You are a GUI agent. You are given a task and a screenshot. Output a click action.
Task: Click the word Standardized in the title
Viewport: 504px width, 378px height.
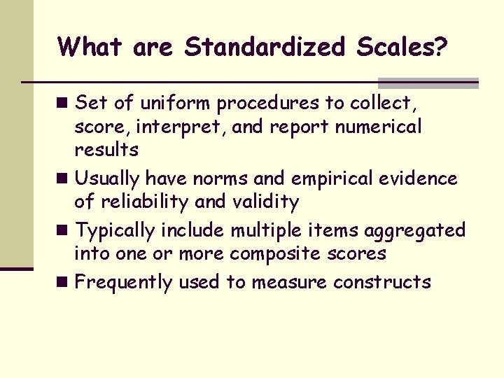(265, 48)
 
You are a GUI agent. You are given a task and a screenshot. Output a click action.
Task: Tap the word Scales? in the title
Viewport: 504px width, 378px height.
(402, 48)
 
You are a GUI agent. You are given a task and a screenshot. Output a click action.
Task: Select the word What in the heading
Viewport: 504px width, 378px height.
(89, 48)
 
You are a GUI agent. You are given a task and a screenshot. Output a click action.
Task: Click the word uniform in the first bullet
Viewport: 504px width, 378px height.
(176, 104)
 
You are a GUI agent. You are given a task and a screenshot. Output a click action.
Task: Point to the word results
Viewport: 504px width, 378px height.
(106, 150)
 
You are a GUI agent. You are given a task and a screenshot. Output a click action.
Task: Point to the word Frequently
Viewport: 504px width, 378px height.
(123, 283)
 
